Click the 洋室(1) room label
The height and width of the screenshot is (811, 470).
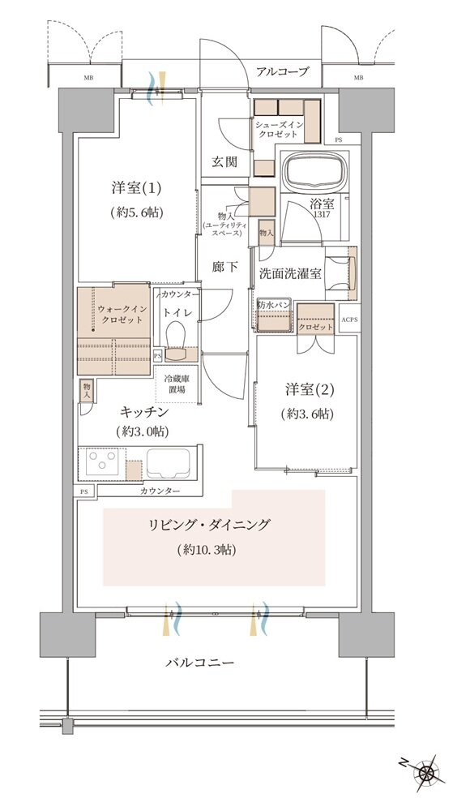tap(137, 188)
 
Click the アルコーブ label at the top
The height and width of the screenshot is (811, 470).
tap(282, 72)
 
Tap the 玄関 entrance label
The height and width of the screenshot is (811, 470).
tap(224, 161)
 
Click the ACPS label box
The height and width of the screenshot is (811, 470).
tap(348, 320)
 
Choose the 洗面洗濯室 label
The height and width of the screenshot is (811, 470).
tap(291, 273)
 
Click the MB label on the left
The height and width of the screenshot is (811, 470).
tap(87, 79)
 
